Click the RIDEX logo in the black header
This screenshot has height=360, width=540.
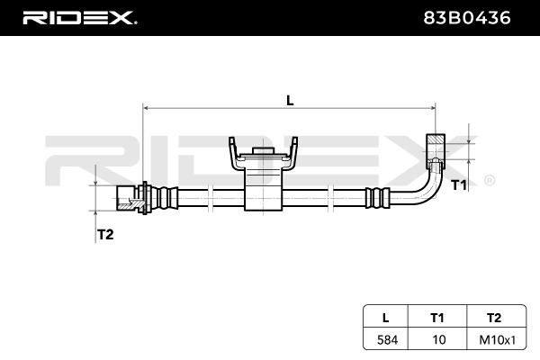coord(79,18)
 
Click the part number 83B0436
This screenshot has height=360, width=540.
coord(466,18)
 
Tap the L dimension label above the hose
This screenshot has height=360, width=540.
coord(290,101)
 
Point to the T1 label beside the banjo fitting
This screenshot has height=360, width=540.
coord(459,185)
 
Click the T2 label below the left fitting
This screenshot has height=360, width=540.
coord(105,235)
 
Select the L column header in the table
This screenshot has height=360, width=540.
coord(386,318)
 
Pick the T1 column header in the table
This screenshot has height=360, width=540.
coord(437,318)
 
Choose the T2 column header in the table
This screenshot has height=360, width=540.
coord(494,318)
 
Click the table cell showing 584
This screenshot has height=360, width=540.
coord(387,340)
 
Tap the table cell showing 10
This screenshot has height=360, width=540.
coord(439,340)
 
